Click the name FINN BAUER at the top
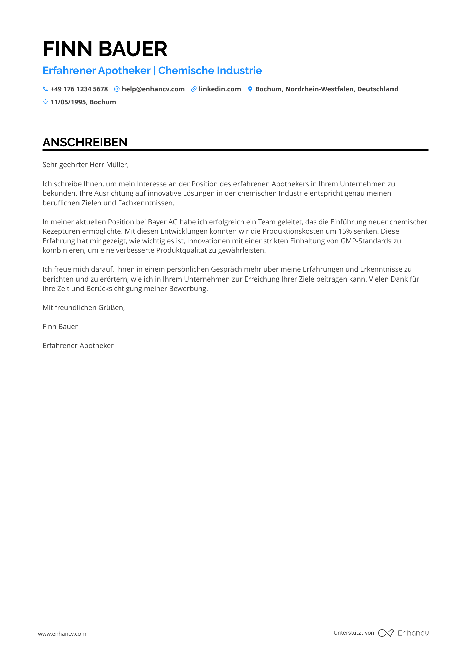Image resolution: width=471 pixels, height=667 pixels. (x=105, y=49)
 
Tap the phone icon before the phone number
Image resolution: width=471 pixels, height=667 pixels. (x=45, y=89)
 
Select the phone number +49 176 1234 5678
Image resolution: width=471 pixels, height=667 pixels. (x=79, y=89)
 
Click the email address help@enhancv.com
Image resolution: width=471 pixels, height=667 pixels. (x=153, y=89)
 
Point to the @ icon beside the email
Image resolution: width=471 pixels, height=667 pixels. (x=117, y=89)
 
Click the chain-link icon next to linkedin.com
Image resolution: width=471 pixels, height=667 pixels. (x=194, y=89)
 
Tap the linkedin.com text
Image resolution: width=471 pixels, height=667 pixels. (x=220, y=89)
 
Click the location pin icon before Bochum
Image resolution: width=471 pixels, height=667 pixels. (x=250, y=89)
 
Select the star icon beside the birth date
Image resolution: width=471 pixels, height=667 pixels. (x=45, y=102)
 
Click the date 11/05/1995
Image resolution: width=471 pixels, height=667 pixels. (x=68, y=102)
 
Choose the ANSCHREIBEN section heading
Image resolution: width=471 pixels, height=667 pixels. (x=85, y=142)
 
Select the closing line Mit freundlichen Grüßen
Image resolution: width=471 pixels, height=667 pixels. (x=84, y=308)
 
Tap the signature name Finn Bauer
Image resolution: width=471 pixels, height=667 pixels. (x=60, y=327)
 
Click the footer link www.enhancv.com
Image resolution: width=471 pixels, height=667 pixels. (x=62, y=634)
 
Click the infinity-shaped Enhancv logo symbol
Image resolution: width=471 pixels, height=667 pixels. (x=386, y=633)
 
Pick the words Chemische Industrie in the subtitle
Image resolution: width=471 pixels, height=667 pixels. (x=210, y=71)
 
